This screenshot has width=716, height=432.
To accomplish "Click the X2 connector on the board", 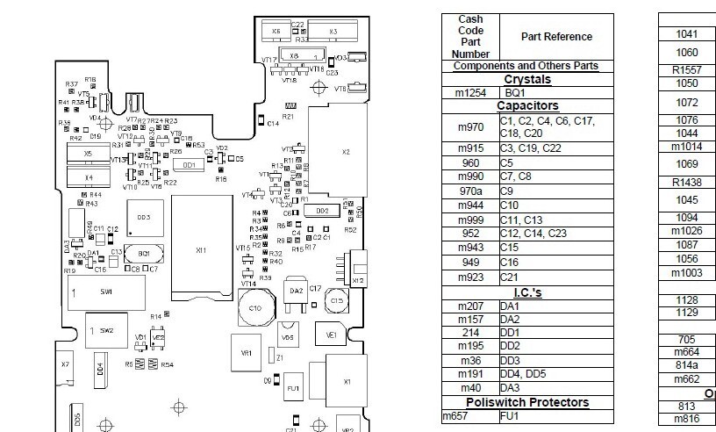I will [345, 155].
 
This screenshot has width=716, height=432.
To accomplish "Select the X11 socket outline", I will [201, 250].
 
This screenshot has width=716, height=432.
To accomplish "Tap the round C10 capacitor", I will [254, 309].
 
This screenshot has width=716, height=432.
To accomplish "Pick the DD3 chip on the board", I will [144, 217].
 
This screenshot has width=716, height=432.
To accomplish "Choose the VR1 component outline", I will [247, 353].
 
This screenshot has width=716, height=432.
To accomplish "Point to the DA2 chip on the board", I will [297, 291].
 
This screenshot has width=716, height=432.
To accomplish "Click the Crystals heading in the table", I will [526, 79].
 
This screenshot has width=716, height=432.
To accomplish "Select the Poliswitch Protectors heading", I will [526, 402].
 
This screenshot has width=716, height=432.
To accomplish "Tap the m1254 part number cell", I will [470, 92].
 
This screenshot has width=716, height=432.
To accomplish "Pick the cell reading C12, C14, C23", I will [555, 234].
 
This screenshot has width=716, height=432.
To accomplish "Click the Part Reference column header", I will [555, 37].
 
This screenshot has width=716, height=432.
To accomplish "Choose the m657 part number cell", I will [470, 415].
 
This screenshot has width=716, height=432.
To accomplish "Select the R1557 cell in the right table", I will [686, 69].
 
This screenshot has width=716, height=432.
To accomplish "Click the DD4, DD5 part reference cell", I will [555, 373].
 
